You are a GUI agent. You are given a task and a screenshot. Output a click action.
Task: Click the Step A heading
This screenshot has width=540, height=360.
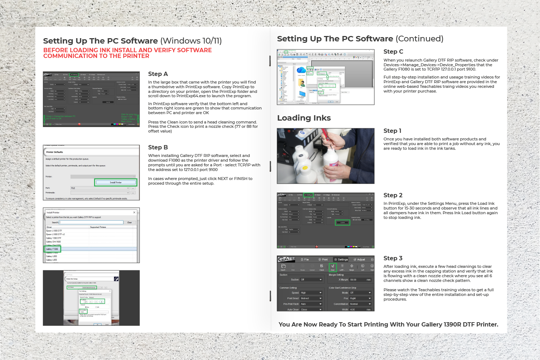158,74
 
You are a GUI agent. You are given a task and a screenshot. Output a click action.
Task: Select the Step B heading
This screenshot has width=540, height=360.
158,147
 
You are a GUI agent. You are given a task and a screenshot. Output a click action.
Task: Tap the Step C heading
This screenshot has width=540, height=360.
393,51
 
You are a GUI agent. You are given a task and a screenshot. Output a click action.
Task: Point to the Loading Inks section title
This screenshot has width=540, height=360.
304,118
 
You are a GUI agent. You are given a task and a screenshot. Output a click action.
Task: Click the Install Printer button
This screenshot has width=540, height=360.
116,183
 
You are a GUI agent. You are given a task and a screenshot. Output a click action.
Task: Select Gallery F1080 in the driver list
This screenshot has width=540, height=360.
52,249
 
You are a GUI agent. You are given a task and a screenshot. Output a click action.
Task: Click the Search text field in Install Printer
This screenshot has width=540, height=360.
91,222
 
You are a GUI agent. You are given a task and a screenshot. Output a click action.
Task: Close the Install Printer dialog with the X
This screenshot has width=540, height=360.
134,212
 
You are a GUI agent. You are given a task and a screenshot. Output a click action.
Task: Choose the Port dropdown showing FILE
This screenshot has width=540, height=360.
100,188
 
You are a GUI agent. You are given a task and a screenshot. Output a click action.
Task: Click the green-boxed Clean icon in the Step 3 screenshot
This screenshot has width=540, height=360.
333,267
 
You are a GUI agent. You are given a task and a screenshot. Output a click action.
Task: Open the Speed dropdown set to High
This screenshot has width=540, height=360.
311,293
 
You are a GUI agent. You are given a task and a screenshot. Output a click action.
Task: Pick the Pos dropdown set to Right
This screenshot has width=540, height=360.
360,298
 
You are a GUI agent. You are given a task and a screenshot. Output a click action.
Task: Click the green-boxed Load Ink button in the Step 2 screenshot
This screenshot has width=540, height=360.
342,222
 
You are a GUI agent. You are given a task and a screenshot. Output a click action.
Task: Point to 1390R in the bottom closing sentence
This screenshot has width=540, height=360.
453,324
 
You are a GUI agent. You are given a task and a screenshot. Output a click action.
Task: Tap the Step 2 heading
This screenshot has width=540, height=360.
393,195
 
